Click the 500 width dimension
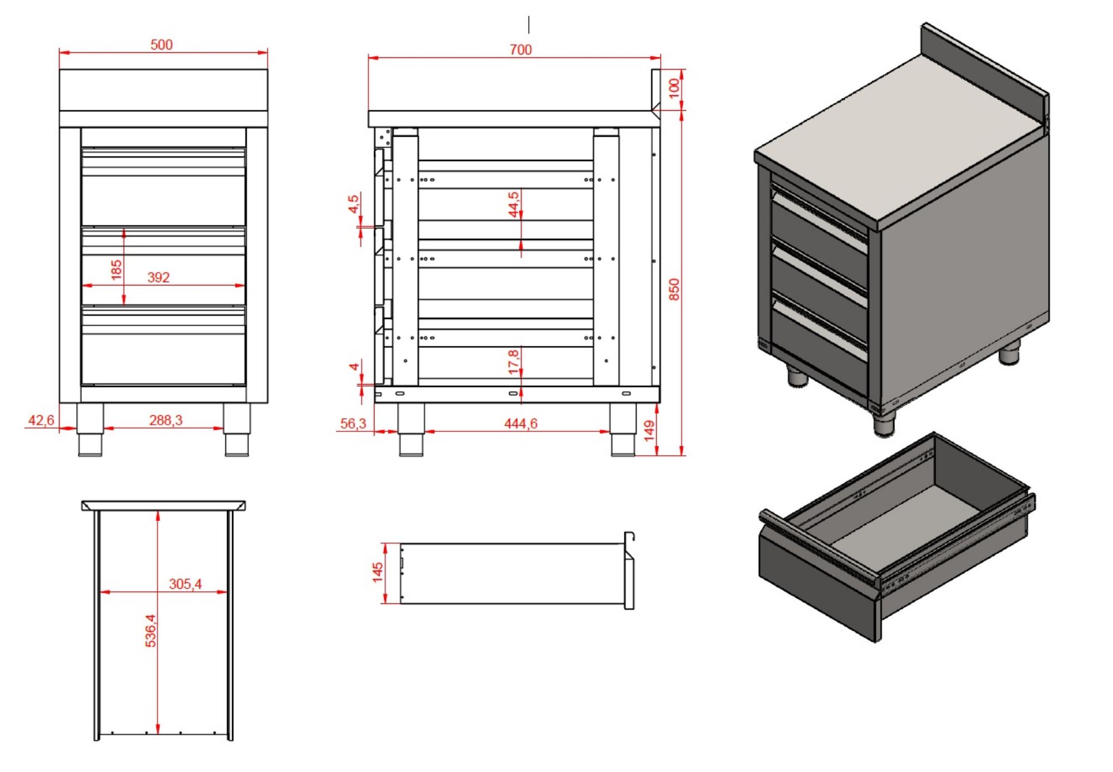(161, 45)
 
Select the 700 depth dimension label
(520, 50)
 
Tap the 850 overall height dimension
(674, 289)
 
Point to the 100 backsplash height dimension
(674, 88)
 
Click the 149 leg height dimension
(649, 431)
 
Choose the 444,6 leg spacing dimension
(520, 424)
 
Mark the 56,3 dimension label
(353, 424)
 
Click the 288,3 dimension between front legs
(165, 420)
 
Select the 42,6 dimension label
(41, 420)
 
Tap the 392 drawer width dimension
(159, 277)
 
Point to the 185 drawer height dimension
(116, 270)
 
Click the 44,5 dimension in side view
(513, 204)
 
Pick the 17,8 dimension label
(513, 362)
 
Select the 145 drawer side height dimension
(377, 572)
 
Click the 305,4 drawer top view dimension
(185, 584)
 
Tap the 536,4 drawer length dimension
(150, 631)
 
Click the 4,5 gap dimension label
(353, 203)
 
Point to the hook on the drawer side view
(629, 538)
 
